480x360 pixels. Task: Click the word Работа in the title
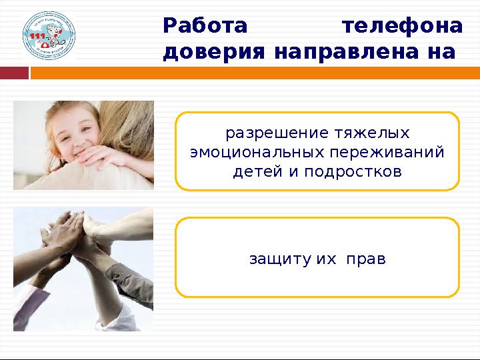pyautogui.click(x=205, y=27)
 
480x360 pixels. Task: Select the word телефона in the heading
pyautogui.click(x=401, y=27)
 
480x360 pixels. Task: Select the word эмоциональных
pyautogui.click(x=255, y=152)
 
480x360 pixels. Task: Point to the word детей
pyautogui.click(x=256, y=172)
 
